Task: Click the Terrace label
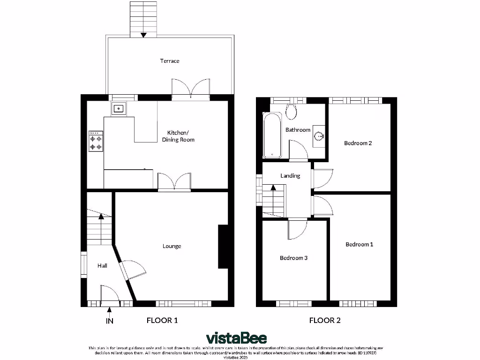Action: tap(170, 61)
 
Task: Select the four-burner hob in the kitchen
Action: tap(96, 141)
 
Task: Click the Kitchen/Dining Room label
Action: tap(178, 136)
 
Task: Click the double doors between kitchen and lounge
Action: tap(174, 182)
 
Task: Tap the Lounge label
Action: tap(172, 246)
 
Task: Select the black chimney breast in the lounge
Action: tap(223, 247)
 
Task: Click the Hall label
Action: tap(102, 266)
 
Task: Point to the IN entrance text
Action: tap(109, 321)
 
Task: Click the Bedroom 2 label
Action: tap(358, 143)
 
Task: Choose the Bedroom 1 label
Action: tap(360, 244)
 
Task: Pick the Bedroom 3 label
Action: tap(293, 258)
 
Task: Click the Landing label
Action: tap(290, 176)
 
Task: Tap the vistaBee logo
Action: tap(237, 338)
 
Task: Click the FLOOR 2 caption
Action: tap(325, 321)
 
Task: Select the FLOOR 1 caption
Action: tap(162, 321)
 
